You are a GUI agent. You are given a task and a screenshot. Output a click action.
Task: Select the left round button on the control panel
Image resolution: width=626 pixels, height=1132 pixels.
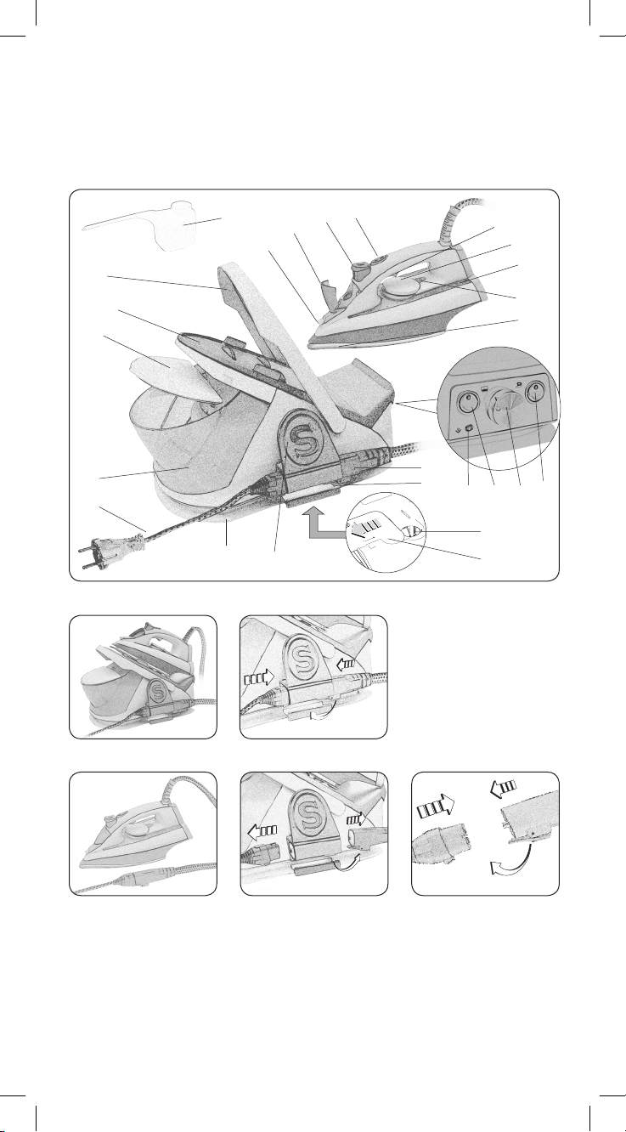pos(467,403)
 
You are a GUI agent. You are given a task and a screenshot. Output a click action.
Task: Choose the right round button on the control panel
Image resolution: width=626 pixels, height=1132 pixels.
pos(536,393)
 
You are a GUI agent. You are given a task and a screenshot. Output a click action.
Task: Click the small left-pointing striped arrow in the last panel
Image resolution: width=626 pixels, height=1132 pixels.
pos(503,785)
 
